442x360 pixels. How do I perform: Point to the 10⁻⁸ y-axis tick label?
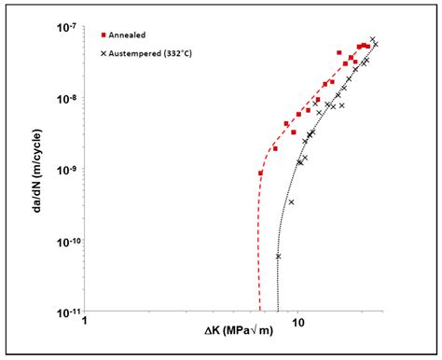(x=66, y=97)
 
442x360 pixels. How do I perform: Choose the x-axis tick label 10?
(x=297, y=322)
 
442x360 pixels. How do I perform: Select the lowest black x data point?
(x=278, y=256)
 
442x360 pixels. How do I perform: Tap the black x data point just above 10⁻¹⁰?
(x=291, y=201)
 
